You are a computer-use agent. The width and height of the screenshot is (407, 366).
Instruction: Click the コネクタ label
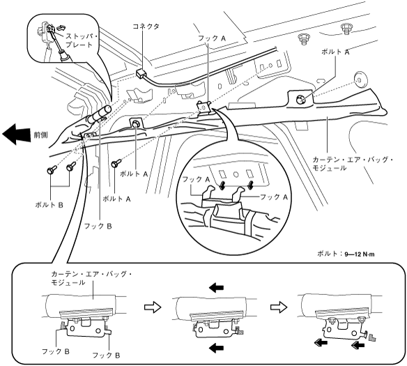click(x=146, y=26)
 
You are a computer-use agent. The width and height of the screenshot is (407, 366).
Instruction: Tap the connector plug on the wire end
click(x=141, y=73)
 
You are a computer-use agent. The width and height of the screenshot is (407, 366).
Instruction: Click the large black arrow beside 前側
click(x=17, y=134)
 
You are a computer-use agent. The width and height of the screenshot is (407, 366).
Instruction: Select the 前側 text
click(x=40, y=135)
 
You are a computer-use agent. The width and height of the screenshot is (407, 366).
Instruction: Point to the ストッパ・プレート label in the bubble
click(x=81, y=40)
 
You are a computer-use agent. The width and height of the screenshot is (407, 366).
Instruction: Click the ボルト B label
click(x=49, y=205)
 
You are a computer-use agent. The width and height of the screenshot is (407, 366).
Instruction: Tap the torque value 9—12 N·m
click(x=360, y=254)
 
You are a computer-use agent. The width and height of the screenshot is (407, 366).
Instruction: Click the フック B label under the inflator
click(x=98, y=226)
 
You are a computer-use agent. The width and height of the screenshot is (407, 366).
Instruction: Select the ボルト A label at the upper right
click(x=335, y=52)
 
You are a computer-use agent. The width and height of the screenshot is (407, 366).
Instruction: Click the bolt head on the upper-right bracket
click(x=300, y=99)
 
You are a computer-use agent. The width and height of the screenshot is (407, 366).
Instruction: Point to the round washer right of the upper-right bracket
click(x=360, y=79)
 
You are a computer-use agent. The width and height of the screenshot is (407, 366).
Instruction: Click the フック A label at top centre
click(x=212, y=38)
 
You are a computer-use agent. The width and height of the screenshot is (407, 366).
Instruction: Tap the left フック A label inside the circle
click(x=196, y=179)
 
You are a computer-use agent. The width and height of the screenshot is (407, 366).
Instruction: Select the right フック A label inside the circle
click(x=274, y=197)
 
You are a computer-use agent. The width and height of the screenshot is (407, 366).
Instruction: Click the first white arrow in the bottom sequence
click(x=153, y=307)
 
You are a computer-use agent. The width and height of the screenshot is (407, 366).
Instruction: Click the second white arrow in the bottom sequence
click(x=279, y=307)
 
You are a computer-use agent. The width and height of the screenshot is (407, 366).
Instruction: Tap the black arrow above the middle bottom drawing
click(x=216, y=288)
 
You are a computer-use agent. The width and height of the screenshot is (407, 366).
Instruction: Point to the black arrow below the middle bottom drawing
click(x=216, y=348)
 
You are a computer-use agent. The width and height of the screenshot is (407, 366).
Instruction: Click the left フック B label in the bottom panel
click(x=56, y=351)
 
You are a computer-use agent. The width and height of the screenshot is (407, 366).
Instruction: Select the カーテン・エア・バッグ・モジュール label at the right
click(x=352, y=164)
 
